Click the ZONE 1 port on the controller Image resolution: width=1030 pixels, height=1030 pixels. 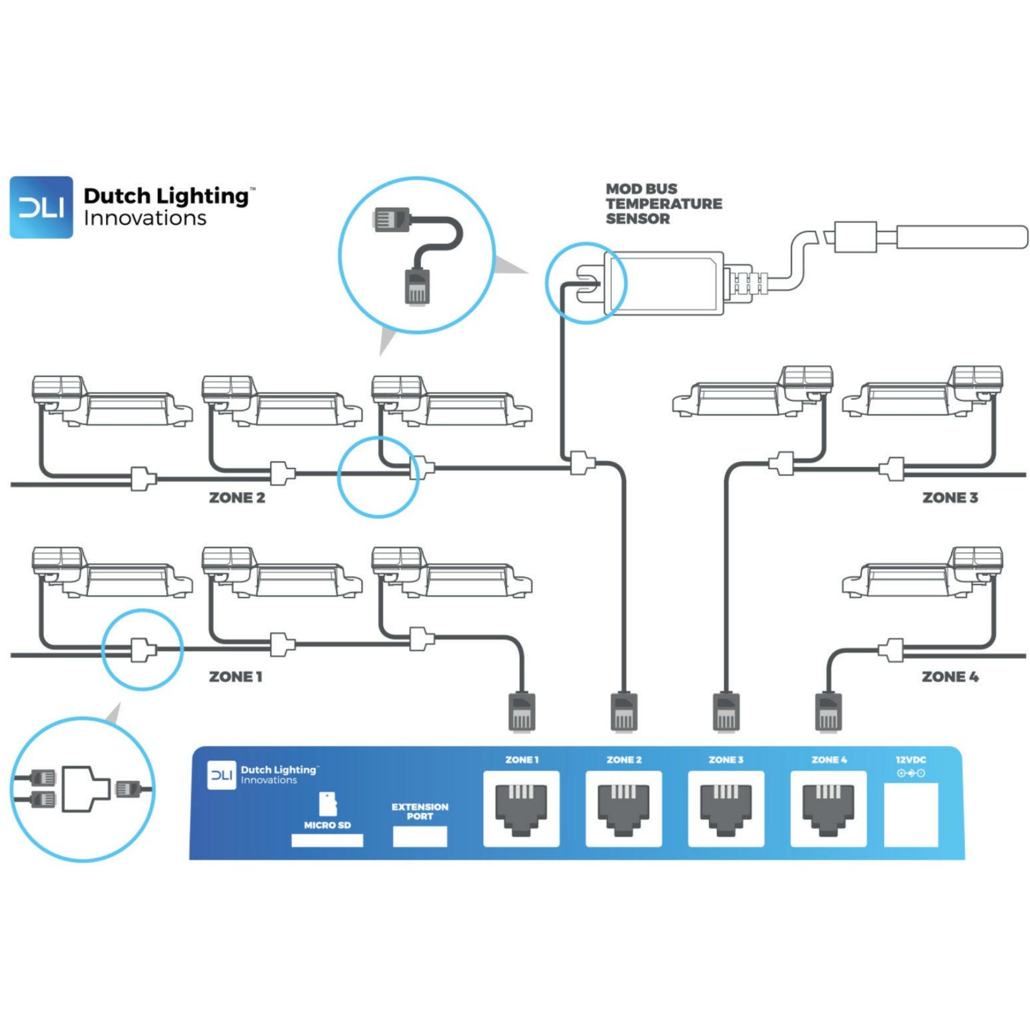521,808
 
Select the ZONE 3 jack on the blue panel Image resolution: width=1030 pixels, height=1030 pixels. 726,808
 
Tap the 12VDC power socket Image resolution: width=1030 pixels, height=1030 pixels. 910,814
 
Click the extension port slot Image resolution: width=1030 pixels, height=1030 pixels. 420,836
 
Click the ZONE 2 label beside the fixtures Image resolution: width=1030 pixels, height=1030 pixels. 237,498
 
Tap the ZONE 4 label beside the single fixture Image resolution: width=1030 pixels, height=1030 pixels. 950,677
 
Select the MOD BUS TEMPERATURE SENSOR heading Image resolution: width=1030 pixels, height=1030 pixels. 663,204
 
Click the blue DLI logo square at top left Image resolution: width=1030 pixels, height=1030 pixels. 41,207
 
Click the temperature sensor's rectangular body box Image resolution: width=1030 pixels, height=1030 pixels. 664,283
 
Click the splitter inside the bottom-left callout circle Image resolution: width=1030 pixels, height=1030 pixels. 85,789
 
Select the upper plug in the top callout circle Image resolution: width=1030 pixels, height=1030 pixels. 391,219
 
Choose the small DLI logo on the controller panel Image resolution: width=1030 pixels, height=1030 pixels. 221,775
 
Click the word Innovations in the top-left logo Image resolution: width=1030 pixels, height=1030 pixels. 145,219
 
